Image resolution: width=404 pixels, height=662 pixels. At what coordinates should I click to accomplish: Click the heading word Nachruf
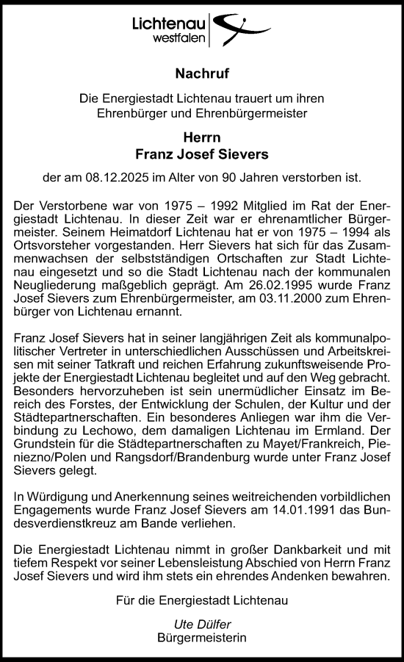coord(202,73)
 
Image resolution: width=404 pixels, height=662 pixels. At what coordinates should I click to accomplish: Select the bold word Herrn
coord(202,137)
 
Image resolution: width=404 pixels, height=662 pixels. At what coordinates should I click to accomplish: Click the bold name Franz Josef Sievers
coord(202,154)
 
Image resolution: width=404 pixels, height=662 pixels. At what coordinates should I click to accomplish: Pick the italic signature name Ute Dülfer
coord(202,625)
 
